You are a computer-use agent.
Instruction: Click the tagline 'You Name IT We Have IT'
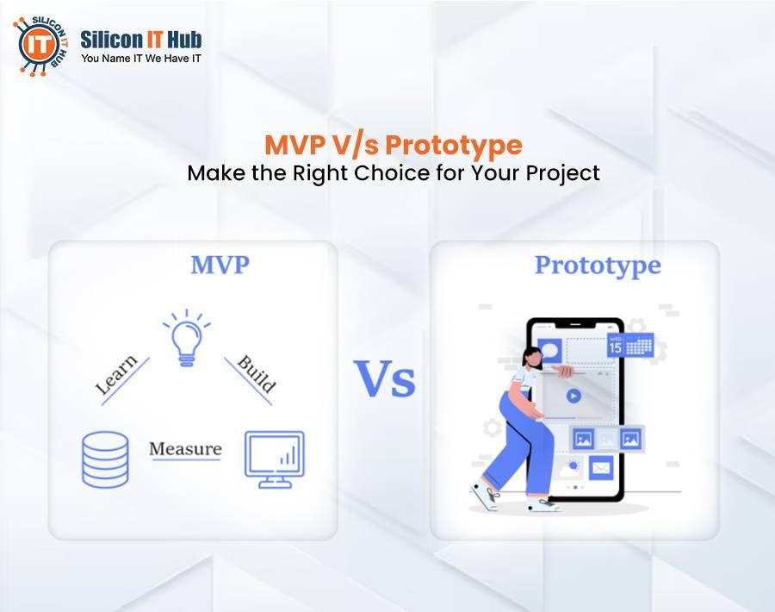(141, 59)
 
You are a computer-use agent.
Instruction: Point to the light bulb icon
(186, 338)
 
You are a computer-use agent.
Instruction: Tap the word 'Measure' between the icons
(185, 449)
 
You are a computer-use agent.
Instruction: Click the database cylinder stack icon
(105, 458)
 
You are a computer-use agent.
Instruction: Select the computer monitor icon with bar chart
(274, 456)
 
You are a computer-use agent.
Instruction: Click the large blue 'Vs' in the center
(385, 379)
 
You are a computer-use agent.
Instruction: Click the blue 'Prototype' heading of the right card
(598, 265)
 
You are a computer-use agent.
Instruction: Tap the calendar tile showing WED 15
(629, 346)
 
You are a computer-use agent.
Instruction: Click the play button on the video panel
(573, 397)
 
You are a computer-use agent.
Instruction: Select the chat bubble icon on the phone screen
(549, 350)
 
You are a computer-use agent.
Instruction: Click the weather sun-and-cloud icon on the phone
(570, 468)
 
